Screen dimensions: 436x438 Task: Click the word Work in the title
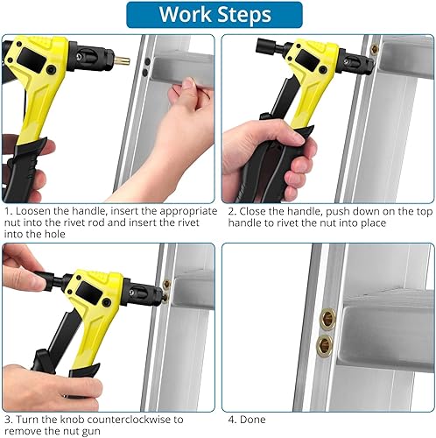tap(186, 14)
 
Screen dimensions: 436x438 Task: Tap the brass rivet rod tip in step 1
tap(122, 61)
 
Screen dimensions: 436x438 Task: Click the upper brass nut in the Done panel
tap(327, 317)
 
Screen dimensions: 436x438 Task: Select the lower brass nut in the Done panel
tap(324, 345)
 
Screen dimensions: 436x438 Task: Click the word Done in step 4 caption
tap(253, 420)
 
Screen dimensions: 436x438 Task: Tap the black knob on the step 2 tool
tap(266, 46)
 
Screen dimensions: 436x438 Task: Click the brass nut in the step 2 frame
tap(374, 49)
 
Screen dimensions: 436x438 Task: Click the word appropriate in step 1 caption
tap(188, 211)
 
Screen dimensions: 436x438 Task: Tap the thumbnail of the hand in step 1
tap(190, 82)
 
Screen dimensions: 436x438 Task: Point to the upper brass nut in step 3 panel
tap(166, 284)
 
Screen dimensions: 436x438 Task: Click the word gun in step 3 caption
tap(90, 432)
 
